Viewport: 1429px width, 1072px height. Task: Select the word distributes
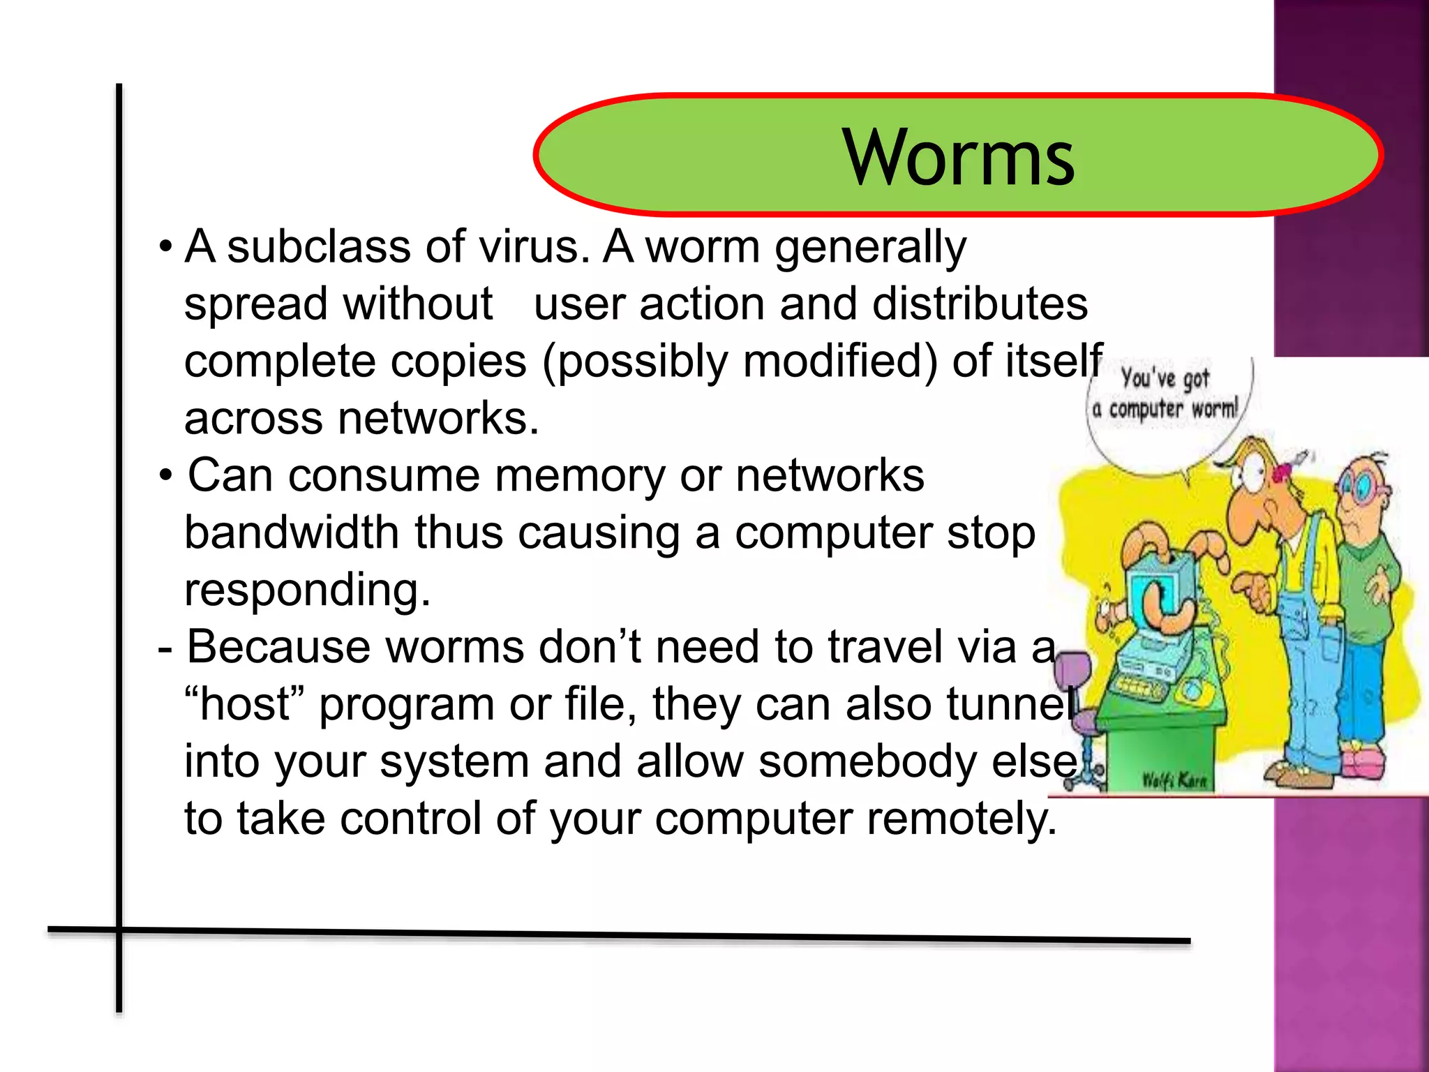pyautogui.click(x=980, y=304)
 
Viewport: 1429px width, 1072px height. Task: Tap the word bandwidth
pyautogui.click(x=292, y=533)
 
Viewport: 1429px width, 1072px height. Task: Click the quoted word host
pyautogui.click(x=244, y=704)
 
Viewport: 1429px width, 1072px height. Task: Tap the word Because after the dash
pyautogui.click(x=278, y=647)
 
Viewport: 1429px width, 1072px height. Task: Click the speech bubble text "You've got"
pyautogui.click(x=1165, y=379)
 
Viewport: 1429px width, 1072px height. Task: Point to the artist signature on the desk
pyautogui.click(x=1174, y=780)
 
